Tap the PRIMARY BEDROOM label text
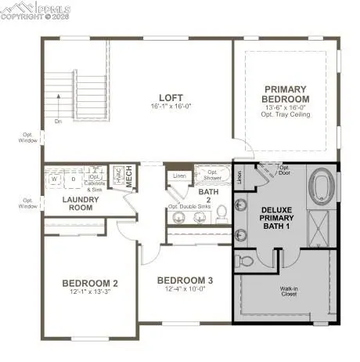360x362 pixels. pyautogui.click(x=286, y=94)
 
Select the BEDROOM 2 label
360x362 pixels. pyautogui.click(x=90, y=283)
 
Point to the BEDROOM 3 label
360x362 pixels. pyautogui.click(x=185, y=281)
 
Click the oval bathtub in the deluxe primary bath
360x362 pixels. pyautogui.click(x=322, y=188)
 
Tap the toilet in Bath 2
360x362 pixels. pyautogui.click(x=222, y=211)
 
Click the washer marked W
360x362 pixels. pyautogui.click(x=55, y=179)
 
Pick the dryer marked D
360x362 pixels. pyautogui.click(x=74, y=179)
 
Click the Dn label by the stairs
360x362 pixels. pyautogui.click(x=56, y=121)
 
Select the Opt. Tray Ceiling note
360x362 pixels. pyautogui.click(x=286, y=114)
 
